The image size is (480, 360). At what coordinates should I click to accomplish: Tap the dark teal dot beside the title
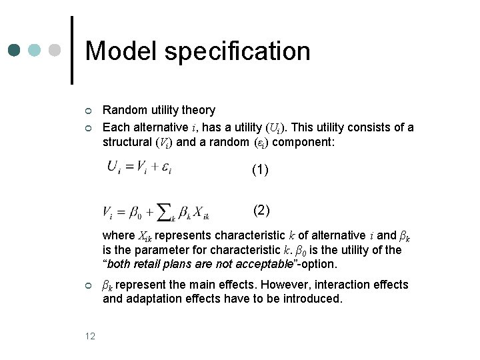15,51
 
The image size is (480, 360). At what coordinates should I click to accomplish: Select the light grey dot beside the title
54,51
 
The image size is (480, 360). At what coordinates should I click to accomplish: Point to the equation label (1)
260,170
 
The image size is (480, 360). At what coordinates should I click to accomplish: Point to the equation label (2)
261,211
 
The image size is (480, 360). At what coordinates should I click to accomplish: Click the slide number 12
91,336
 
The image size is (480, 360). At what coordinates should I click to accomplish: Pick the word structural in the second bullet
127,141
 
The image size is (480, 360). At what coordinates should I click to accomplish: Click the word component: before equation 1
307,141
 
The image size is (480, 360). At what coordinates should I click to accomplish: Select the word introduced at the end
315,299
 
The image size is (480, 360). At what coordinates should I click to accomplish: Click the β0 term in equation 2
135,213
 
